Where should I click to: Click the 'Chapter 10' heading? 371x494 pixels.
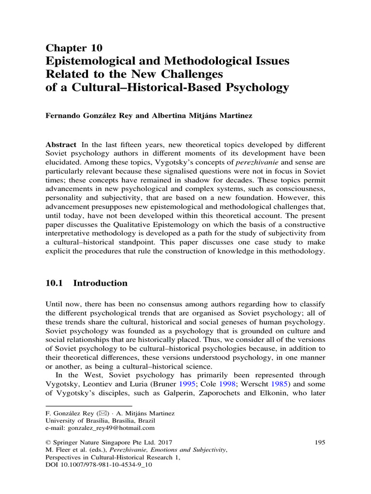[74, 47]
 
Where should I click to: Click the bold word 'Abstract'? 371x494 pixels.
[61, 145]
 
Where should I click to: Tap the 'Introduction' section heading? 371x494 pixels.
[100, 284]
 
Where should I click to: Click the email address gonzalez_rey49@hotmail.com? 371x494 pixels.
[111, 427]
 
